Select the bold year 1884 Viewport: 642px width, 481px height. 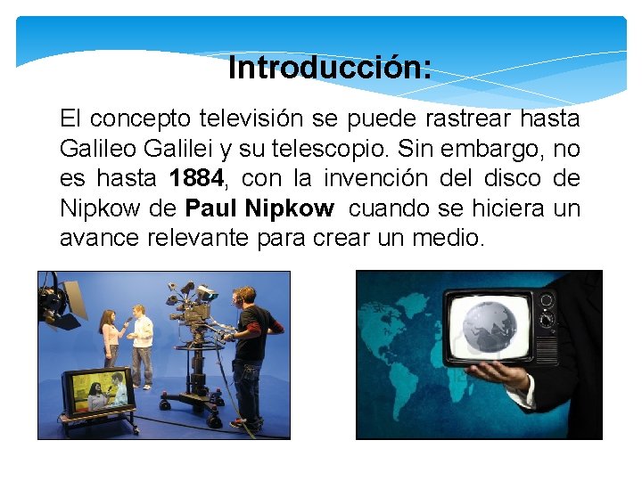[196, 179]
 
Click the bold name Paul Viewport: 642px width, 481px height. [210, 209]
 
